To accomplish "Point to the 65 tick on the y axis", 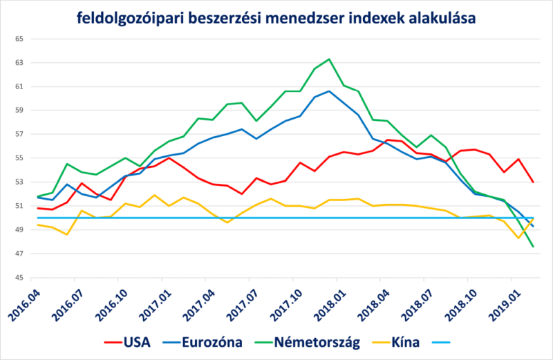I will [19, 39].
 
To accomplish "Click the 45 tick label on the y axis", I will [19, 278].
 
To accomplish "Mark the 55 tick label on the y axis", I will [19, 158].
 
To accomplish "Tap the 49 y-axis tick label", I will [19, 230].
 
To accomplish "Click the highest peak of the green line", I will [329, 59].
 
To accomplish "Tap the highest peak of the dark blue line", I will [329, 91].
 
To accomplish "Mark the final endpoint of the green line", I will [533, 247].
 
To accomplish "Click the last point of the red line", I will [533, 182].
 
